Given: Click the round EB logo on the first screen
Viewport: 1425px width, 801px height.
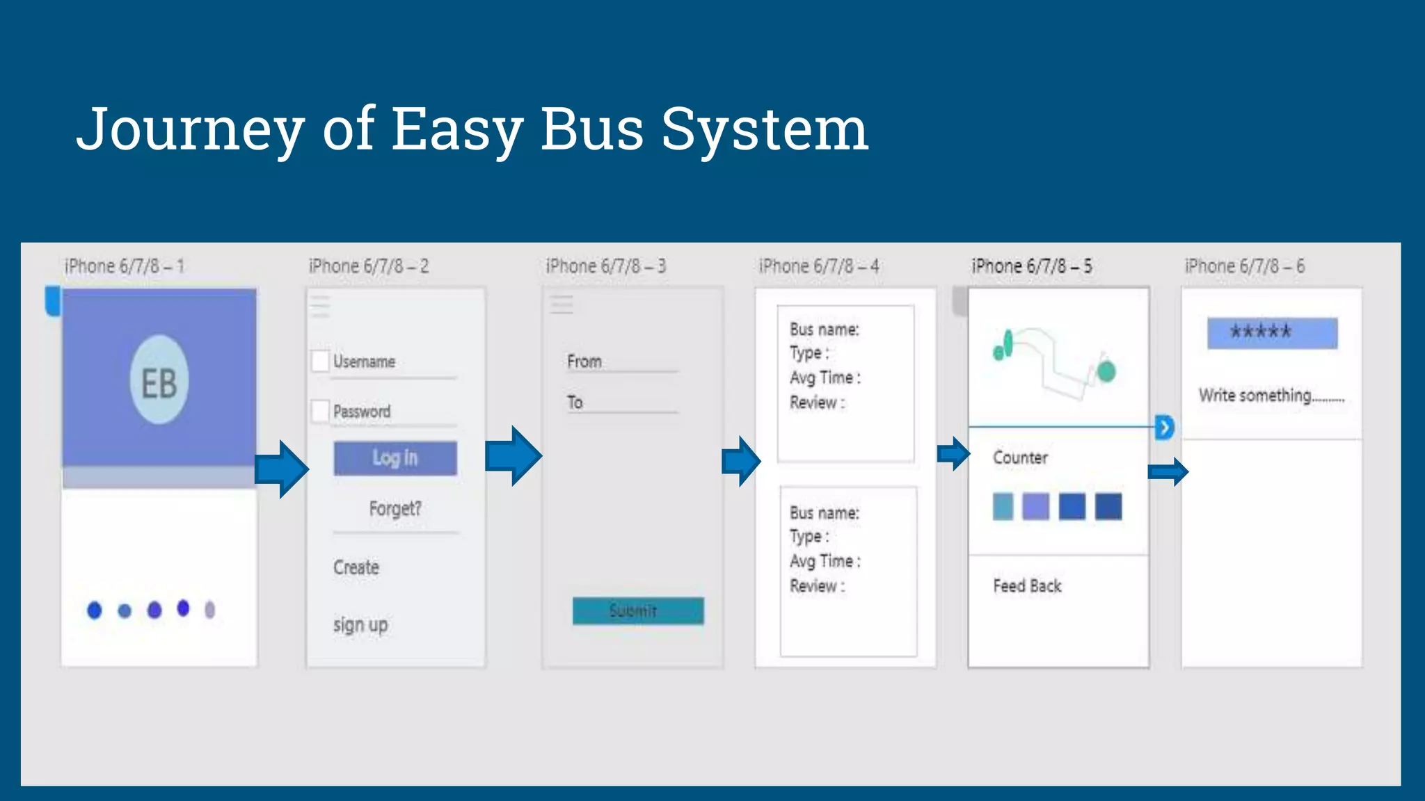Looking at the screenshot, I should click(x=159, y=380).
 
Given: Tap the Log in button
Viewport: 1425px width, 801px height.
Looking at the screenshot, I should click(x=395, y=458).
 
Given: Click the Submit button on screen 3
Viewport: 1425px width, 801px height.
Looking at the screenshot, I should click(x=638, y=611).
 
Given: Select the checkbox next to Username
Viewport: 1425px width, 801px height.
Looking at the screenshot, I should click(x=320, y=362).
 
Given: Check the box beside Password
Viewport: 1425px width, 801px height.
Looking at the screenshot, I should click(x=320, y=411).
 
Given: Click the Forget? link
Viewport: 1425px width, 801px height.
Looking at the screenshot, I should click(x=395, y=509).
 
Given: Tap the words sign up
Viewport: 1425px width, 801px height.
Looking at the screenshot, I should click(x=360, y=625).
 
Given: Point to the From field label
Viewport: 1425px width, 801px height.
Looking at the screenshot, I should click(x=584, y=362).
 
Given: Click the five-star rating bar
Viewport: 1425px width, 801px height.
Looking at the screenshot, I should click(x=1272, y=333).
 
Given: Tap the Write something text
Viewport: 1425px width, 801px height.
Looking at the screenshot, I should click(x=1271, y=396).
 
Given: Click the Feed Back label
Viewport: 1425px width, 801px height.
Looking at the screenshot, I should click(x=1027, y=586).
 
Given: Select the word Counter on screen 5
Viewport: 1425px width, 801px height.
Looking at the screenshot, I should click(x=1020, y=458).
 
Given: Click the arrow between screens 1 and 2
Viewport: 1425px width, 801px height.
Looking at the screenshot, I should click(x=281, y=469).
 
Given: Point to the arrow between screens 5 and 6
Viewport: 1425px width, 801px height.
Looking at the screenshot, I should click(x=1168, y=472).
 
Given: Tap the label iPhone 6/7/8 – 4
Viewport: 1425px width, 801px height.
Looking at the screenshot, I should click(x=819, y=266).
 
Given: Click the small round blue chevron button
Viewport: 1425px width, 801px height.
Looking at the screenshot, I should click(x=1164, y=427).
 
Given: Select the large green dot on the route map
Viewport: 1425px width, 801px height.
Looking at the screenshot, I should click(x=1106, y=371).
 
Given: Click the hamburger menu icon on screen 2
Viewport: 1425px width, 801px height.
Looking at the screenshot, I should click(x=320, y=306).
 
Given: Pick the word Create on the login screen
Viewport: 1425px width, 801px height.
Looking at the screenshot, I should click(x=356, y=567).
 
